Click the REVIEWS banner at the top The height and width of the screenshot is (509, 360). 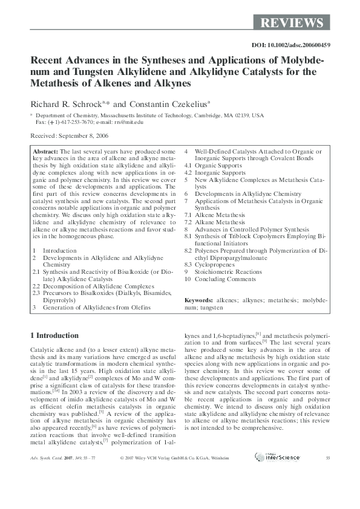(x=292, y=23)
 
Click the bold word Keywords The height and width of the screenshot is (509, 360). (x=198, y=300)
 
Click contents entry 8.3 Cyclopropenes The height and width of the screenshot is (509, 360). (x=208, y=264)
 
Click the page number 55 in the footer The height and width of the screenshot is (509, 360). (x=327, y=458)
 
